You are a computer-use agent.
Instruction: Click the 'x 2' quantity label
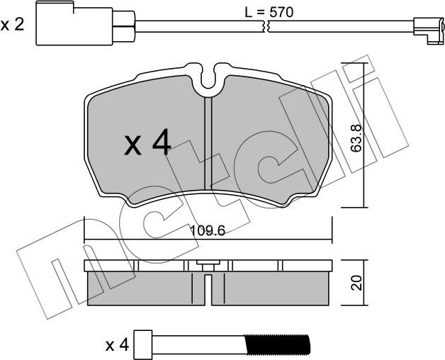pos(12,26)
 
